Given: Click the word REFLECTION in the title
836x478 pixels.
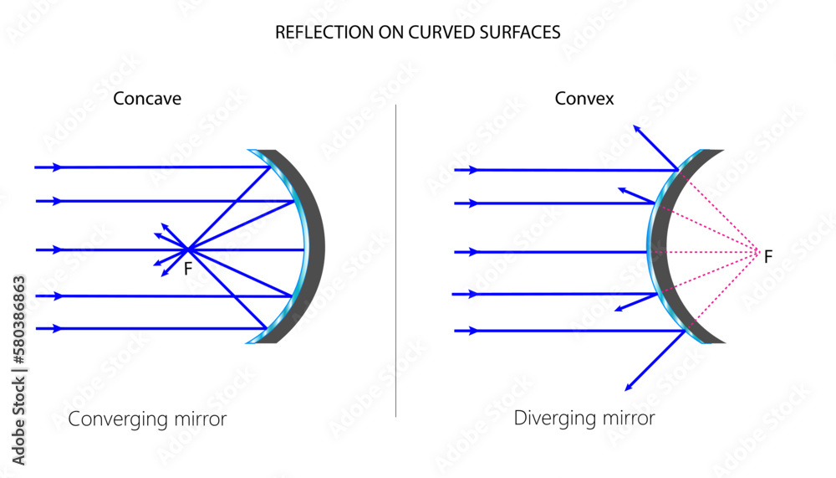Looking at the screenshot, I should click(314, 33).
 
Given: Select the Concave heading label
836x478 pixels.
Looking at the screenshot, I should click(147, 99).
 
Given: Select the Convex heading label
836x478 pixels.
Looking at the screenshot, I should click(584, 99).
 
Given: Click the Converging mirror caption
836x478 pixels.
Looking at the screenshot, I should click(147, 419).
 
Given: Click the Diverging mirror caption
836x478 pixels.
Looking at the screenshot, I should click(584, 417).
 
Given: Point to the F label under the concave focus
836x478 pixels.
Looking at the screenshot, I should click(188, 270).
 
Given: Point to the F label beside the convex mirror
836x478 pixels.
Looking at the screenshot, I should click(768, 256).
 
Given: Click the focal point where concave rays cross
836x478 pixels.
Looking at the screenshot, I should click(189, 249).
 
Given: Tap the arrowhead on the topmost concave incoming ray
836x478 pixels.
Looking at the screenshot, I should click(57, 167).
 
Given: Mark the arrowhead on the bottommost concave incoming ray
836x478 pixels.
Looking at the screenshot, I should click(57, 329).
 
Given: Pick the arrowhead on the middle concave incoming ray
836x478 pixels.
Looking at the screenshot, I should click(57, 249).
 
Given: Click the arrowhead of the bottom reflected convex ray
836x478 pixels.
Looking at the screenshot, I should click(628, 388).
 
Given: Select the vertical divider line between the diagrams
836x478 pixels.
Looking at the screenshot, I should click(395, 260).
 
